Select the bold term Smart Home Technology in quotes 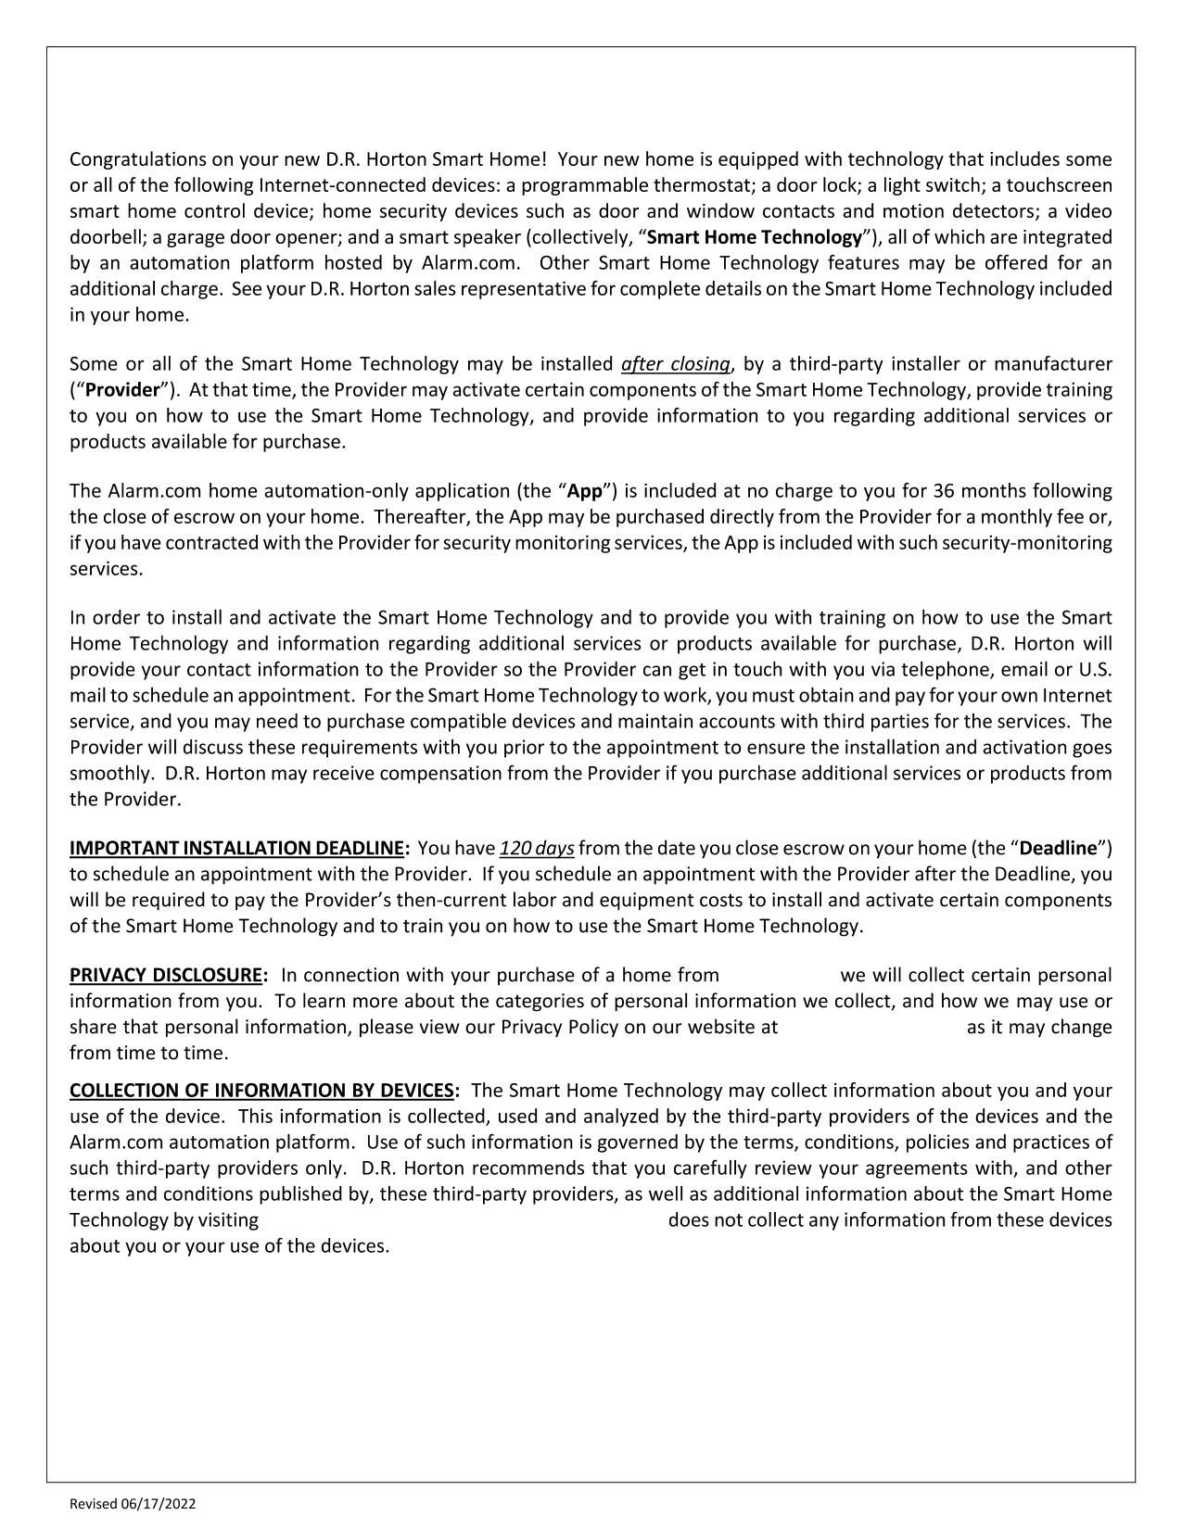point(754,237)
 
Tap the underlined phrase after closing point(676,363)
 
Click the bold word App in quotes point(585,490)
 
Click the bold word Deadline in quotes point(1058,848)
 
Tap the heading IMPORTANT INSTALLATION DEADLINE point(238,848)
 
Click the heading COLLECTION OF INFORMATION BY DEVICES point(263,1091)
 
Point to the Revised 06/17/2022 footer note point(133,1504)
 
